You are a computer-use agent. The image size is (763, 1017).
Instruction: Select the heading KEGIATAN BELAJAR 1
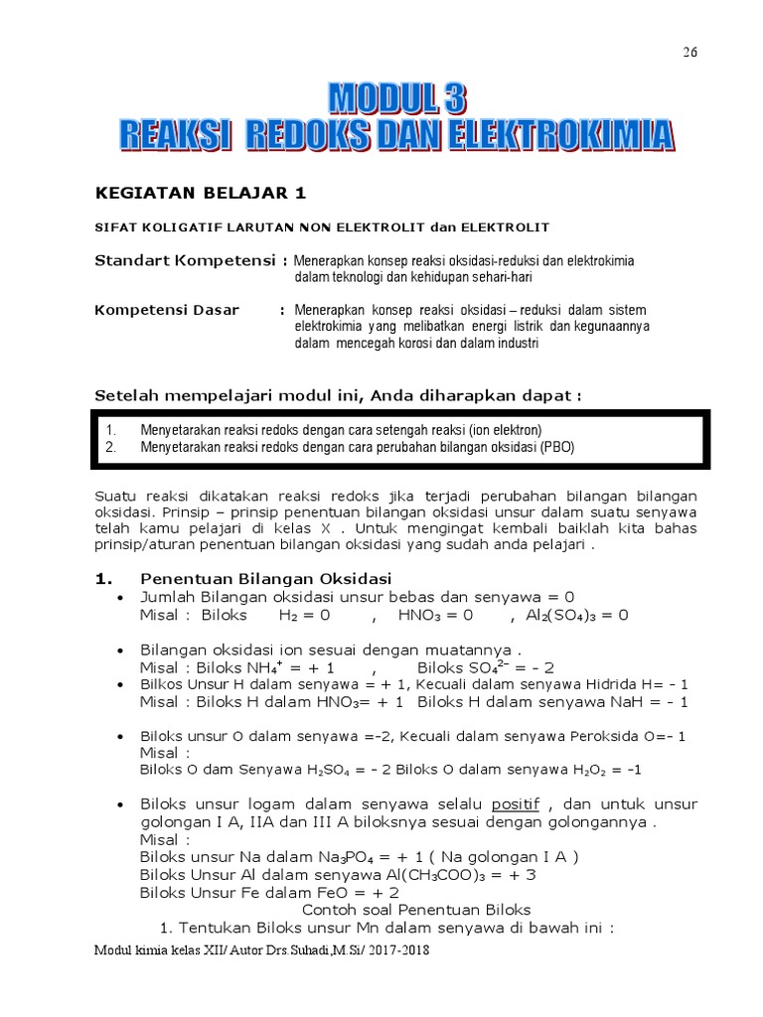186,193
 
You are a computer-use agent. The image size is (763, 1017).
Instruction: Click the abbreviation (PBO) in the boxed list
556,448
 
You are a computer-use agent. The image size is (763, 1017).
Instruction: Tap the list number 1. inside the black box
111,430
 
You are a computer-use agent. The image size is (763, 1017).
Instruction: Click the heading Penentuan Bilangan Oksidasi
265,578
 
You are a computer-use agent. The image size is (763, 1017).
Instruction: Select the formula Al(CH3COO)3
433,875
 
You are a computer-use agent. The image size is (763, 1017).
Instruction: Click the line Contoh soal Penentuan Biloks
415,910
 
